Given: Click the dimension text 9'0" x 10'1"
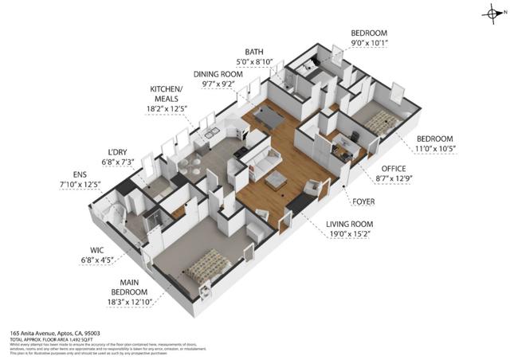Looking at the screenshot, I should tap(370, 44).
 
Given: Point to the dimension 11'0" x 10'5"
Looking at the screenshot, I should tap(434, 148).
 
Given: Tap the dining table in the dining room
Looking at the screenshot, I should tap(269, 117).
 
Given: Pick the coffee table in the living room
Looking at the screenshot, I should tap(276, 180).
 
